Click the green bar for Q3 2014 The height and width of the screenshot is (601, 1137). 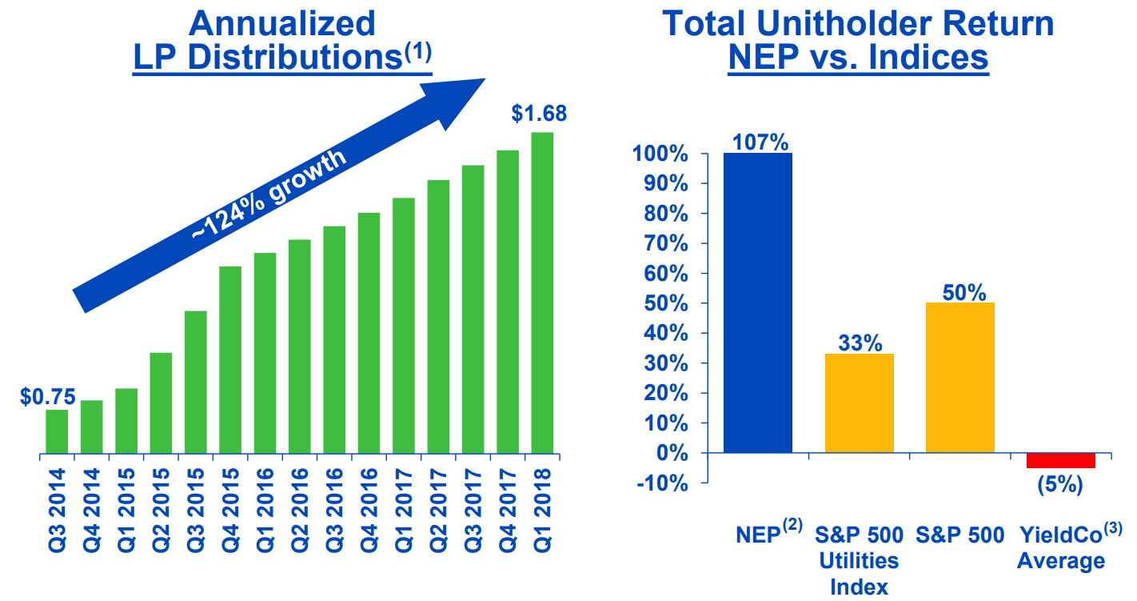click(x=57, y=431)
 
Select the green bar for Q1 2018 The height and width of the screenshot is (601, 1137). click(x=542, y=293)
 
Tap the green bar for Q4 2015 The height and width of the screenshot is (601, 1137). click(x=230, y=359)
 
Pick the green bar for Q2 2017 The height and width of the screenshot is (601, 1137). click(x=438, y=317)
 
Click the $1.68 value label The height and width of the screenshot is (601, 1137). click(x=539, y=114)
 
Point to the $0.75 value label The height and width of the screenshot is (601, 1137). click(x=48, y=397)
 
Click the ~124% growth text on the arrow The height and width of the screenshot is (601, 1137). click(x=269, y=194)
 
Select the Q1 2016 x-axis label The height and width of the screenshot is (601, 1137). click(x=265, y=510)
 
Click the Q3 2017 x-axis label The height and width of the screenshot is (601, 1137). click(x=473, y=510)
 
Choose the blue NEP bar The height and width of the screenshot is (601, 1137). click(x=758, y=303)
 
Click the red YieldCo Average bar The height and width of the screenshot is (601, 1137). click(x=1061, y=460)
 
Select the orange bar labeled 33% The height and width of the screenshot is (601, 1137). click(x=860, y=403)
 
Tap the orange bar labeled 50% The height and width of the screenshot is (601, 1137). click(x=960, y=378)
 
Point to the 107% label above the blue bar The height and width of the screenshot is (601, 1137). click(x=760, y=142)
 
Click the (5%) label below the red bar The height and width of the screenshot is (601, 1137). click(x=1060, y=484)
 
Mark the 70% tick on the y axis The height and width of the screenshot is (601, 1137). click(x=665, y=244)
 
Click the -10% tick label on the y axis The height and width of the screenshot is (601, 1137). click(x=662, y=483)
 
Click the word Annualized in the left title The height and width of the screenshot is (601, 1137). click(x=281, y=23)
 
